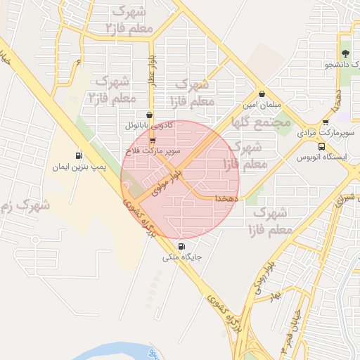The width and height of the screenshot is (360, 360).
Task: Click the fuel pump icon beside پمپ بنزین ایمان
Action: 78,156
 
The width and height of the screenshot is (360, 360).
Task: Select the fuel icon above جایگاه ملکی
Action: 183,247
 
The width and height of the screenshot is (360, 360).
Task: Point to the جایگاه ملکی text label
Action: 183,257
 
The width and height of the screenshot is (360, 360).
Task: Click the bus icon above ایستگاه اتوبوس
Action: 321,147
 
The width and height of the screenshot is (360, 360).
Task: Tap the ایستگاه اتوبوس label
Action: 331,157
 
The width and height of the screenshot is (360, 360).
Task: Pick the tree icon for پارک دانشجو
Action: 345,54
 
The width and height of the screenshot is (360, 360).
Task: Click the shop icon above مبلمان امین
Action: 262,94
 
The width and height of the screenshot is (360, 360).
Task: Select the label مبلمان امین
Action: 262,105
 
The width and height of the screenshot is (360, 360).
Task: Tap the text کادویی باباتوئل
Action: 150,127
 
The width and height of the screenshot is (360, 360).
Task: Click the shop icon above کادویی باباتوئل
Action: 149,116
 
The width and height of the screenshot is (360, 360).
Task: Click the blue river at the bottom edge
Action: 112,349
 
